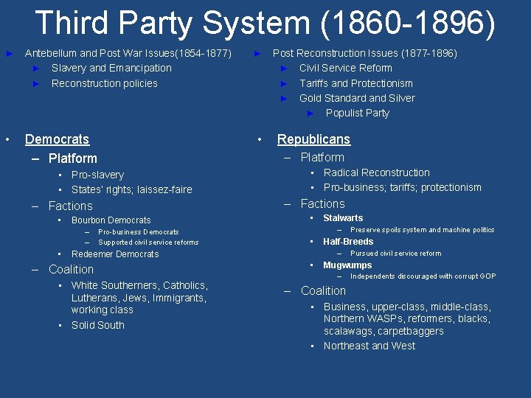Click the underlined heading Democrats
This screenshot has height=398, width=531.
coord(57,139)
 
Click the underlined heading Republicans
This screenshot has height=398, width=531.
coord(313,139)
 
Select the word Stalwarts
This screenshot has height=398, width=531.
coord(343,218)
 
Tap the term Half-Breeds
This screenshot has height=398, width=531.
coord(348,242)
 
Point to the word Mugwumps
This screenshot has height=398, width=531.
coord(347,265)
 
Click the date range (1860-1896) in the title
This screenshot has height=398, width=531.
coord(408,23)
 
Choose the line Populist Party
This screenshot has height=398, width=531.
coord(357,113)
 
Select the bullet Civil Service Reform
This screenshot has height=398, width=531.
coord(345,68)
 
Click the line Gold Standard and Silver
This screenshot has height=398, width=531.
coord(357,98)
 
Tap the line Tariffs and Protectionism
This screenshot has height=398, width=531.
coord(355,83)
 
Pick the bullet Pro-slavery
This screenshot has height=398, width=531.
coord(97,175)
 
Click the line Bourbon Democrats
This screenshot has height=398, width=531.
coord(111,220)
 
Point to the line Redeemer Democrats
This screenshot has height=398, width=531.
coord(115,254)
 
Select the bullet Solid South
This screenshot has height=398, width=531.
coord(97,325)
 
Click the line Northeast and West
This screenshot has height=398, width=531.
coord(369,346)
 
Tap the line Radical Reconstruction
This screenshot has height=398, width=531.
coord(376,172)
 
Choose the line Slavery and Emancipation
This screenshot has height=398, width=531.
coord(111,68)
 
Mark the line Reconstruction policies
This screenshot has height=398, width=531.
coord(104,83)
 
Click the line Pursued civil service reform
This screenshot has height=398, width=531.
coord(395,254)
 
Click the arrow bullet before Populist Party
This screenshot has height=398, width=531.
coord(310,113)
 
